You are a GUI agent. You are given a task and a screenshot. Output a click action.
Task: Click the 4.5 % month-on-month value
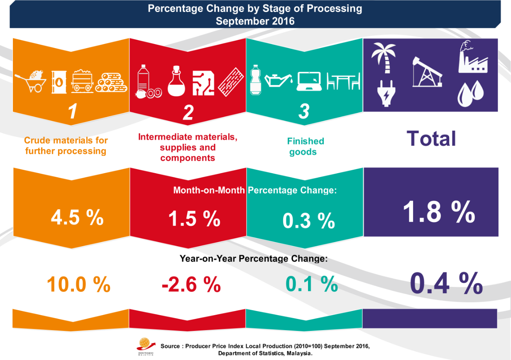pyautogui.click(x=77, y=218)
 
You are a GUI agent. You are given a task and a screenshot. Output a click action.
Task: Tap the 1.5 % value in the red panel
pyautogui.click(x=194, y=218)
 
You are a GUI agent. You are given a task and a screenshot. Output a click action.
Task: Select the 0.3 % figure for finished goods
pyautogui.click(x=308, y=220)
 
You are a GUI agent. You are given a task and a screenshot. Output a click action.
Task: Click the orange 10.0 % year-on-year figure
pyautogui.click(x=78, y=284)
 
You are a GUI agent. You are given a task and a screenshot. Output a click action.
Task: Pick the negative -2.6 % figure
pyautogui.click(x=191, y=284)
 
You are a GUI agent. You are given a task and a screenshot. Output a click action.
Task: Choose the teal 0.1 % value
pyautogui.click(x=311, y=284)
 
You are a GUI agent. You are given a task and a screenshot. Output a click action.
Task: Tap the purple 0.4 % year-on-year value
pyautogui.click(x=446, y=283)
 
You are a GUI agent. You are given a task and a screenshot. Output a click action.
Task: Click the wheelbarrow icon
pyautogui.click(x=31, y=81)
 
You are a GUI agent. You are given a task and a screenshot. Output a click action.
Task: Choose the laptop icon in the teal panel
pyautogui.click(x=310, y=81)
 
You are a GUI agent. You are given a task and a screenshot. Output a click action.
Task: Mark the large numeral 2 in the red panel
pyautogui.click(x=188, y=113)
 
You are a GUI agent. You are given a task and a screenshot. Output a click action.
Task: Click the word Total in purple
pyautogui.click(x=431, y=138)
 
